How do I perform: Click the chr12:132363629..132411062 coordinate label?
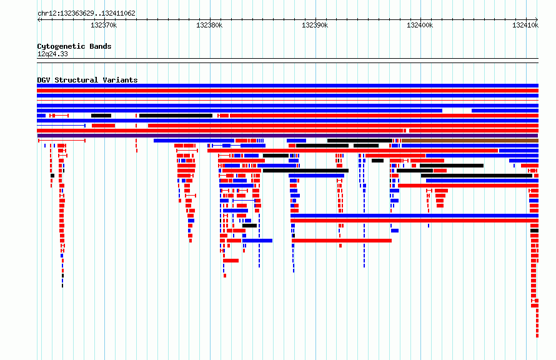point(86,14)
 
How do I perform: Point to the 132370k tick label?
point(104,25)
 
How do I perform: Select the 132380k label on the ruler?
point(209,25)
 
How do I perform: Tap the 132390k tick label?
point(314,25)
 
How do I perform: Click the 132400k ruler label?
point(419,25)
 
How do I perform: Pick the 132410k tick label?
point(525,25)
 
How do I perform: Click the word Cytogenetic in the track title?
point(61,46)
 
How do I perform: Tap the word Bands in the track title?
point(101,46)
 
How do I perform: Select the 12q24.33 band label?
point(52,54)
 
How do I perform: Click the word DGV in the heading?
point(44,80)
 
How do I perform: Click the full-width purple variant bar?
point(287,136)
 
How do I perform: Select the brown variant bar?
point(470,141)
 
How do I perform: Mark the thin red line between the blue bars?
point(287,101)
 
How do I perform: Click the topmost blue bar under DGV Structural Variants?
point(287,86)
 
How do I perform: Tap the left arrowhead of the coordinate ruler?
point(39,19)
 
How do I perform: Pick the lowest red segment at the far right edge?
point(537,336)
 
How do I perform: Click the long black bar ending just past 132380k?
point(176,116)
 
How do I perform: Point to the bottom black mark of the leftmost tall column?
point(62,286)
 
